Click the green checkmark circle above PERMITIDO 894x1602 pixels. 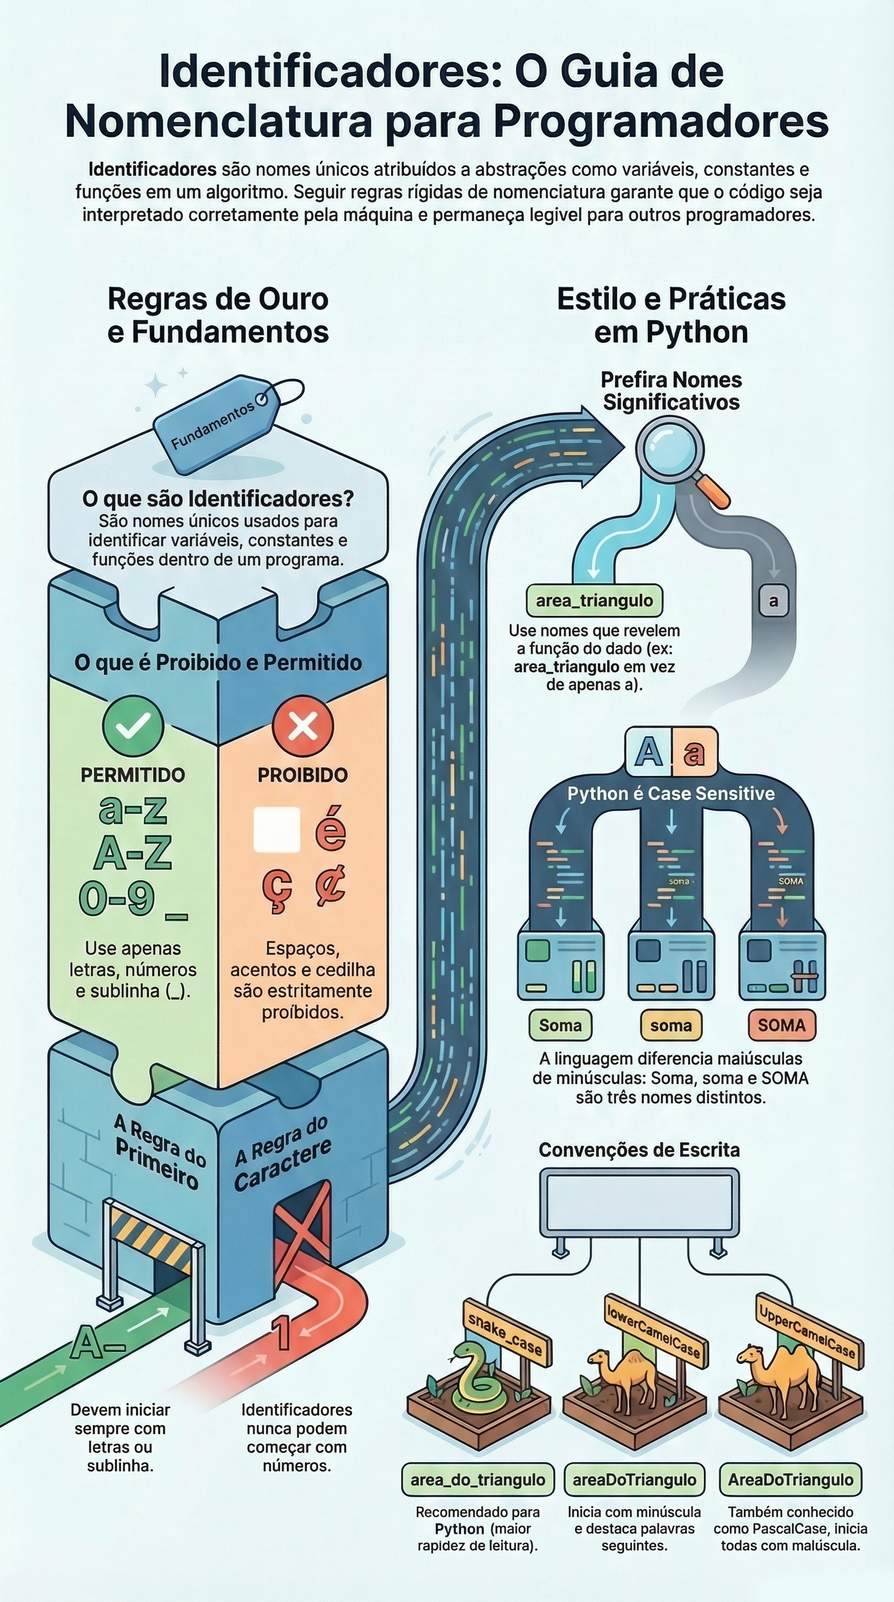[x=133, y=726]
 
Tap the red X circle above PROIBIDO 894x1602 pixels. [x=303, y=726]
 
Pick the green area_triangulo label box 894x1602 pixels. [x=594, y=601]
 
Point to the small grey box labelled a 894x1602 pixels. [x=774, y=601]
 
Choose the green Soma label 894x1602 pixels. [x=560, y=1026]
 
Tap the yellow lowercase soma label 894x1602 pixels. [x=671, y=1026]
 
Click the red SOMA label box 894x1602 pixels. [x=782, y=1026]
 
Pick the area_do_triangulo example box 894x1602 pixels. [x=477, y=1480]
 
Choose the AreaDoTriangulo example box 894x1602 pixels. [x=790, y=1480]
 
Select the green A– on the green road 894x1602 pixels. [x=97, y=1343]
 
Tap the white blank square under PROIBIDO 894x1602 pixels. [x=276, y=830]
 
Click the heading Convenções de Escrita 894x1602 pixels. [x=639, y=1150]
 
